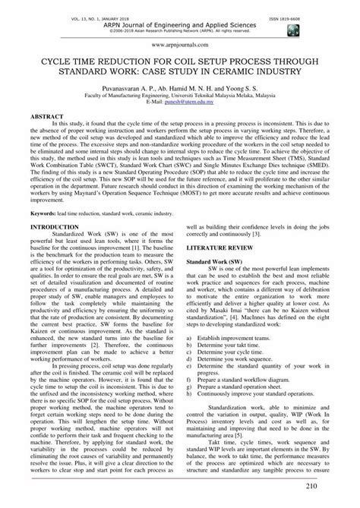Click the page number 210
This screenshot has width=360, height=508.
coord(333,487)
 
